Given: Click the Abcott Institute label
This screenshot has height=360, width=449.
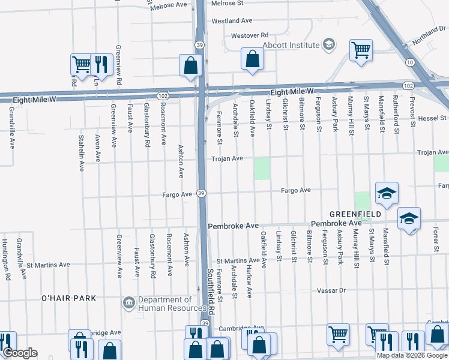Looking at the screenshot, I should pos(291,45).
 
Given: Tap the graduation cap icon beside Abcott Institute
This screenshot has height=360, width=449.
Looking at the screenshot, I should pos(328,44).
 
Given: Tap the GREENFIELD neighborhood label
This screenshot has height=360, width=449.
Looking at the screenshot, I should pos(354,214).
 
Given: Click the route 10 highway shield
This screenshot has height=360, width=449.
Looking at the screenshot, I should pos(409,62).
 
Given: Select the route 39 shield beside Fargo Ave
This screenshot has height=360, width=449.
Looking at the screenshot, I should pos(202,193).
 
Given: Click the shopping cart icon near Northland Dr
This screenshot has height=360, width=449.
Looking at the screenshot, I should pos(361,50).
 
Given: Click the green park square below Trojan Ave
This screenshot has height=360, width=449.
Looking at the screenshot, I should pos(262,169).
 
